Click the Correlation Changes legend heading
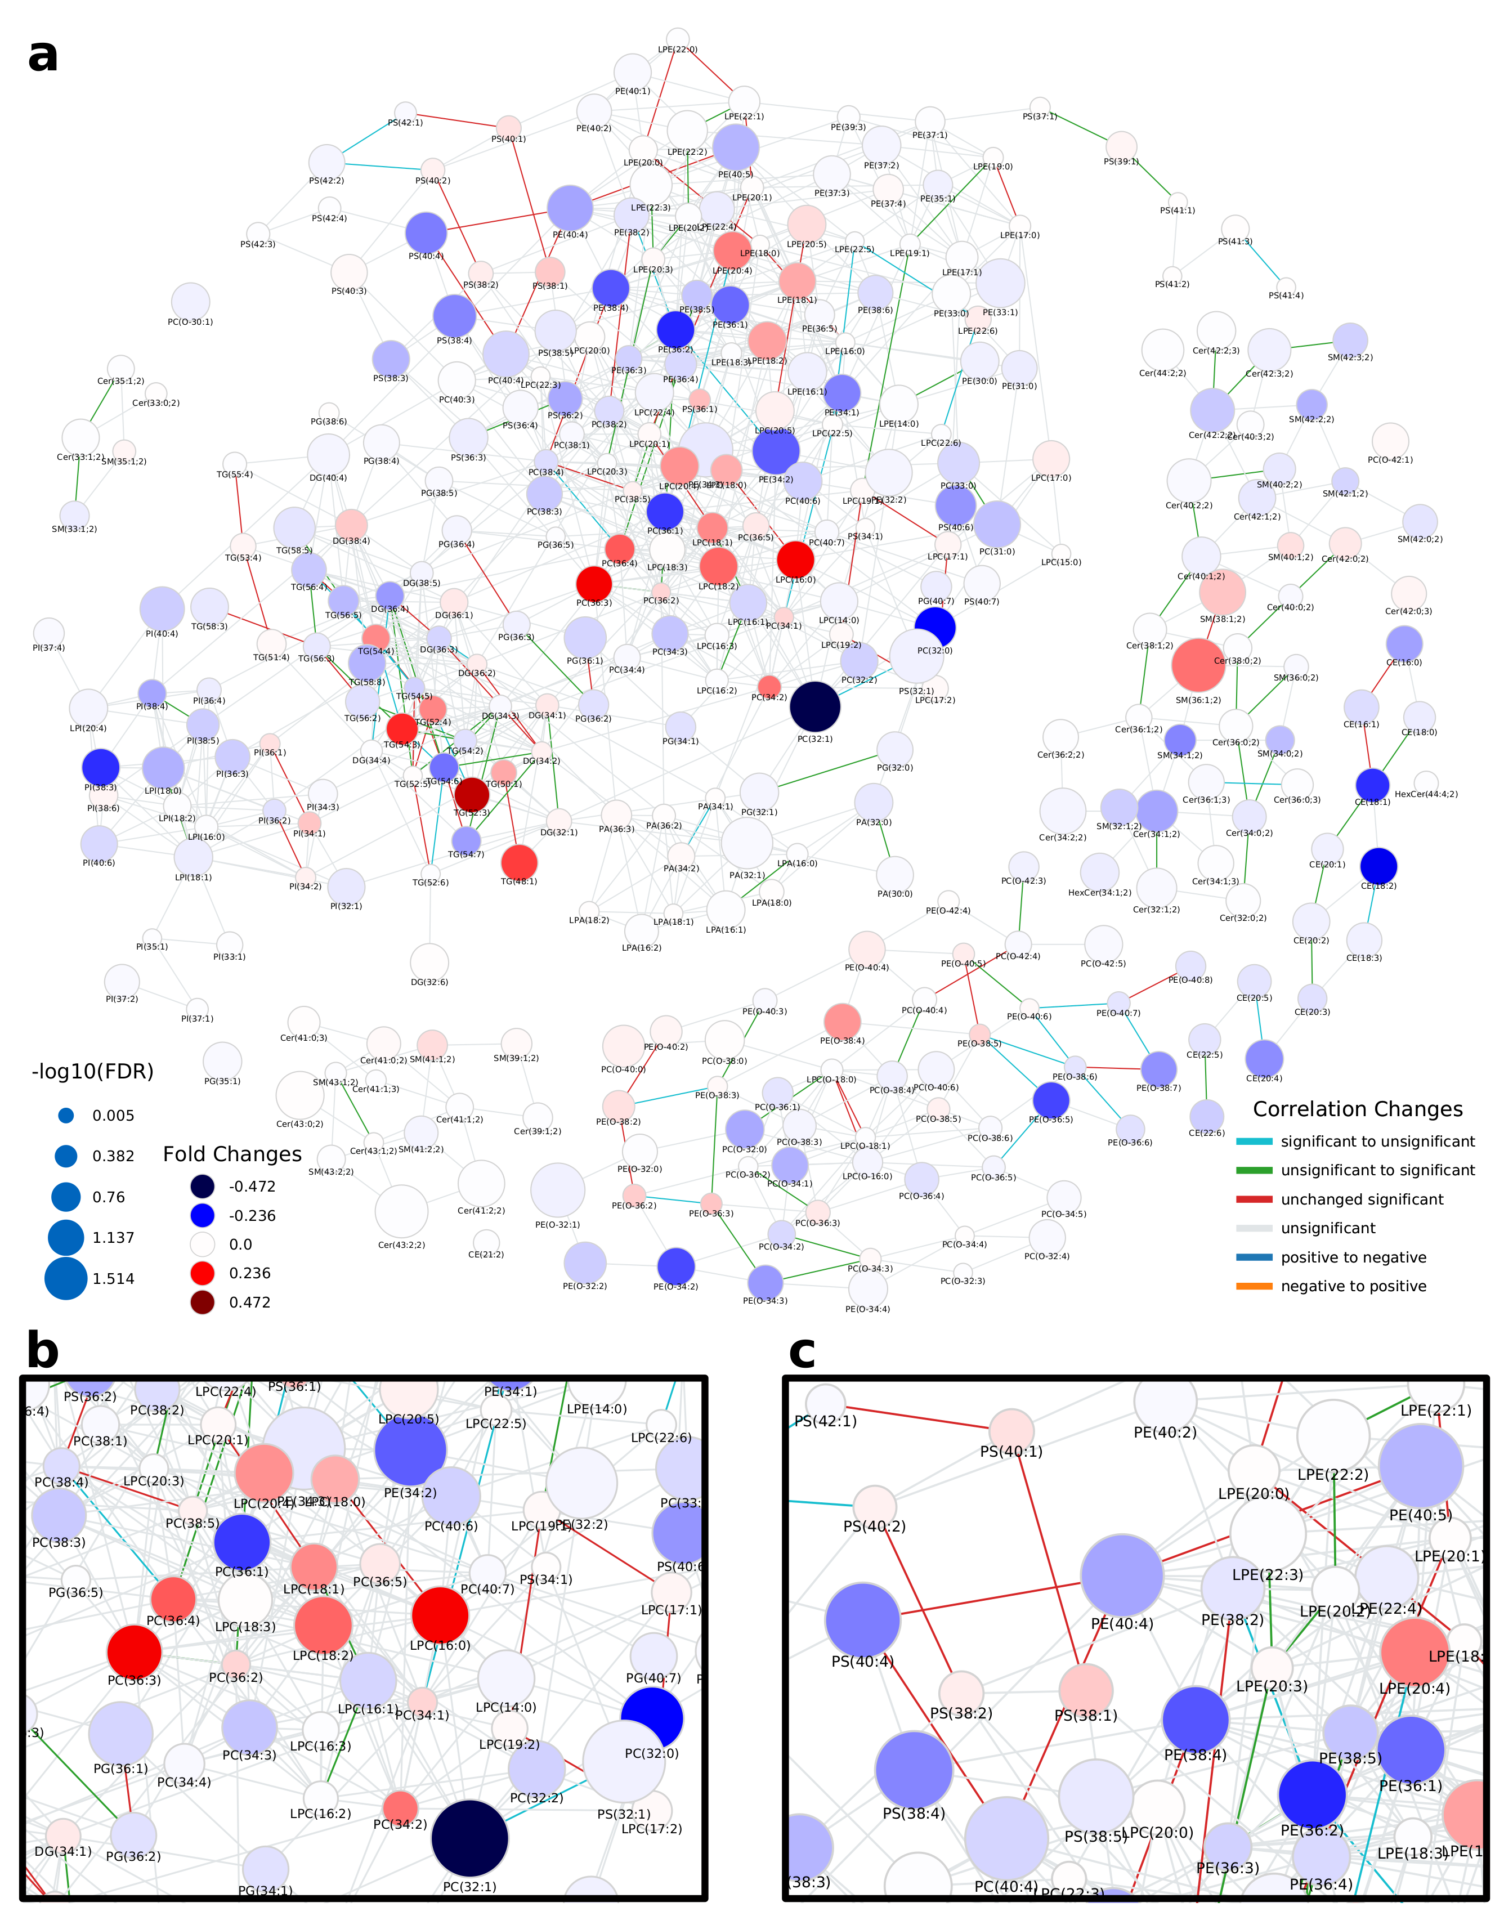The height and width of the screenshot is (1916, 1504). (x=1357, y=1109)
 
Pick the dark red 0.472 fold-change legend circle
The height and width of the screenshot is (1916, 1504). (x=203, y=1302)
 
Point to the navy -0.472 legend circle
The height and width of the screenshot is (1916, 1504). (x=203, y=1186)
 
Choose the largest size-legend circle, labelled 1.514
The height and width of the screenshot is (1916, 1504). (x=66, y=1278)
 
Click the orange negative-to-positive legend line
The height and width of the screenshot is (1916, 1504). (x=1254, y=1286)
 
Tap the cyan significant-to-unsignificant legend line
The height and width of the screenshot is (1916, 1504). (x=1254, y=1141)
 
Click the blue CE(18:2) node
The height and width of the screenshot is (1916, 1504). (x=1378, y=866)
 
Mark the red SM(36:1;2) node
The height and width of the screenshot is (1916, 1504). (x=1198, y=665)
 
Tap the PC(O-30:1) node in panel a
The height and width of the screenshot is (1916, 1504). (x=190, y=301)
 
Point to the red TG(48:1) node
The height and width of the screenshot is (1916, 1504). (x=518, y=862)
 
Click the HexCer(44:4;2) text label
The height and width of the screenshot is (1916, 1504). (x=1426, y=794)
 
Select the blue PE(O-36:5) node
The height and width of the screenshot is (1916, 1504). (x=1050, y=1100)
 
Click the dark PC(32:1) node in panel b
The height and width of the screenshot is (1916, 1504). (x=470, y=1838)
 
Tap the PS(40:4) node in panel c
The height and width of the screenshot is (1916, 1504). (x=863, y=1619)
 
